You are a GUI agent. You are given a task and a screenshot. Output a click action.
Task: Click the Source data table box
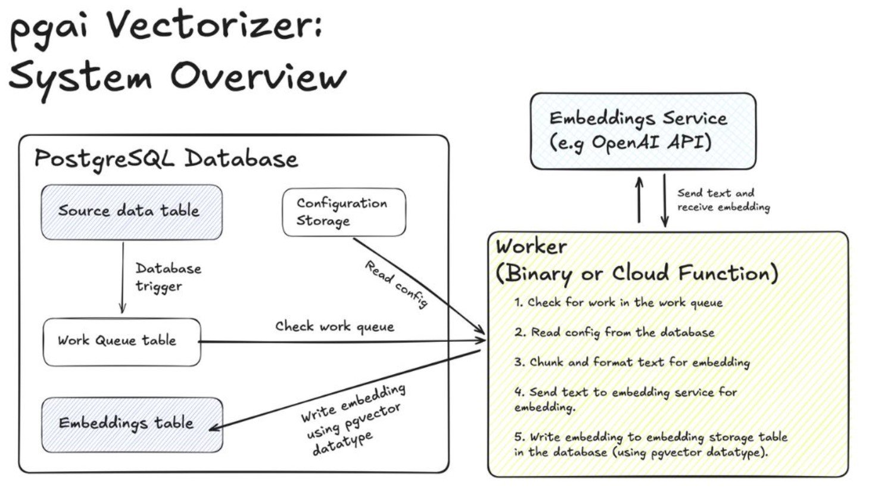132,212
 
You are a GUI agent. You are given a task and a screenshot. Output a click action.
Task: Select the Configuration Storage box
344,212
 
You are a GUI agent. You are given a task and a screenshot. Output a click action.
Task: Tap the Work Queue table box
122,343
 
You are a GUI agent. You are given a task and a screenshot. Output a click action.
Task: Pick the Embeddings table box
132,425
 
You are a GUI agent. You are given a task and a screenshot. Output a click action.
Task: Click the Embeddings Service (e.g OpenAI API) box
643,131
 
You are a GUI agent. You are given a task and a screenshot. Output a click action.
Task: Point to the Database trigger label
168,277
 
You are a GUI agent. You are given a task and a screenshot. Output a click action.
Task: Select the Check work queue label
335,326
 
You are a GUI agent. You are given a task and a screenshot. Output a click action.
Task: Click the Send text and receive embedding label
724,200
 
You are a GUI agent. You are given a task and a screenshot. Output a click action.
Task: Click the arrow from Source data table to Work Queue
123,278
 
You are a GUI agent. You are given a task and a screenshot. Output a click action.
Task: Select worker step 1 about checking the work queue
618,303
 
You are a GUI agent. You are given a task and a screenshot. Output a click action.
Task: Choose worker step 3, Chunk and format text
632,363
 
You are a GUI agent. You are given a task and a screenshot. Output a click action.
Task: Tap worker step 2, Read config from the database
615,332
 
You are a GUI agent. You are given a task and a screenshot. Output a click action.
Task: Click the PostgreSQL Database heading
166,159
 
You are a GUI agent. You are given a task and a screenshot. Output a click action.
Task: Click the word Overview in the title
259,76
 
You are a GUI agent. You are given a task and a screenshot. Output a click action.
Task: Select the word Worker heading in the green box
531,247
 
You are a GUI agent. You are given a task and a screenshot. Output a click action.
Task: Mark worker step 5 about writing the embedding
650,444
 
